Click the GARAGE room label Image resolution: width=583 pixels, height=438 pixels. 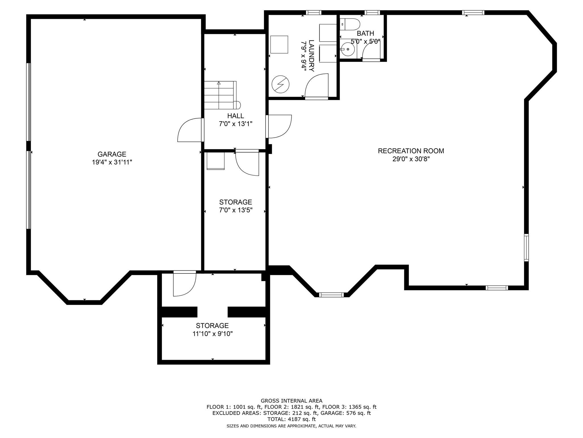pos(112,154)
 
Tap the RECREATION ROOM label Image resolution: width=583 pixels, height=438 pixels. pos(411,151)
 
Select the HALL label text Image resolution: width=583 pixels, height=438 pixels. pos(235,116)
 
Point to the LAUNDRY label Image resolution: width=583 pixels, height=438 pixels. pos(311,56)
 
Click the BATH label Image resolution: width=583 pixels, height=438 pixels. pos(366,33)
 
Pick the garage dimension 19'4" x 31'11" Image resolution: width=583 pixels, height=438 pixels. pos(112,162)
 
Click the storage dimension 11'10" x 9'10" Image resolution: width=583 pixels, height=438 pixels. pos(212,334)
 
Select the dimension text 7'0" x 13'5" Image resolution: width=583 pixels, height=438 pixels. pos(235,210)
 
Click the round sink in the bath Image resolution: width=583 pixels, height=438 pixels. pos(348,49)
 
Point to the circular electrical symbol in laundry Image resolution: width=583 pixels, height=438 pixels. pos(280,84)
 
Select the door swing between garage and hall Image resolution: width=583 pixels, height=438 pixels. pos(190,130)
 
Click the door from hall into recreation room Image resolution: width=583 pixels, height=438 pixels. pos(279,126)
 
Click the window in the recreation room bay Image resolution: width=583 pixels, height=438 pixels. pos(331,295)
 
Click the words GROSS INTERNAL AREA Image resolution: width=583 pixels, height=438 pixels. pos(291,401)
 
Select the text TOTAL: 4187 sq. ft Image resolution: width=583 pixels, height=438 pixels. pos(291,419)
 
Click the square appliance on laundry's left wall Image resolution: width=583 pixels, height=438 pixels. pos(279,44)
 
